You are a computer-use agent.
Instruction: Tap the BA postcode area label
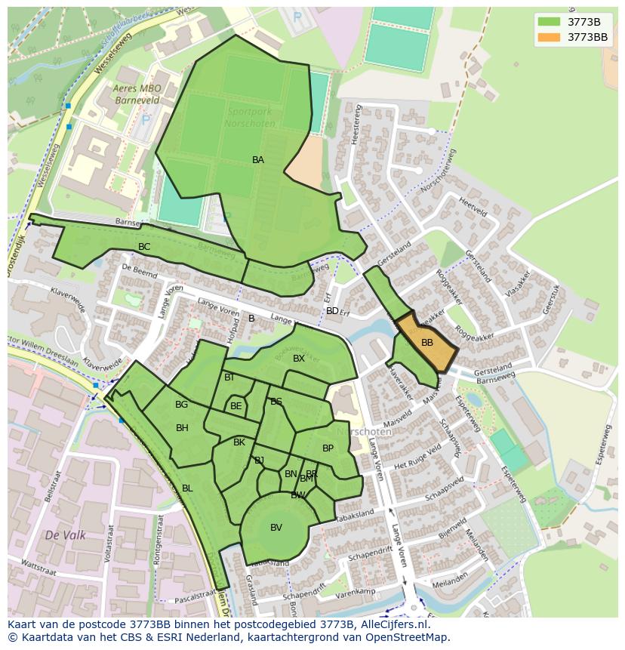click(x=258, y=160)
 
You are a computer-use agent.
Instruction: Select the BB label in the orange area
click(x=427, y=343)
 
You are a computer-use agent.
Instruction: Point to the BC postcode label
click(x=144, y=247)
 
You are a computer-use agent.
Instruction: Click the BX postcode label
click(x=299, y=359)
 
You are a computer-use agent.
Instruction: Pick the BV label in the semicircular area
click(x=276, y=528)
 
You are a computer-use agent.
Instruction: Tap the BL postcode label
click(x=187, y=488)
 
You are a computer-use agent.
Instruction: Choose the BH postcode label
click(x=182, y=428)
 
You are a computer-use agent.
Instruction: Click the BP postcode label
click(x=328, y=448)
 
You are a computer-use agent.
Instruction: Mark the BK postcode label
click(x=239, y=442)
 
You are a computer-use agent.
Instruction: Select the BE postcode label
click(x=236, y=406)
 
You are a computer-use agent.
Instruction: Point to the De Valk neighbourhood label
click(x=65, y=535)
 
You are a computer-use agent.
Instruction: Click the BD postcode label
click(x=332, y=311)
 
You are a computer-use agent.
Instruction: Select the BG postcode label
click(x=181, y=405)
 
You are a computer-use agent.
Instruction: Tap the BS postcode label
click(x=276, y=402)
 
